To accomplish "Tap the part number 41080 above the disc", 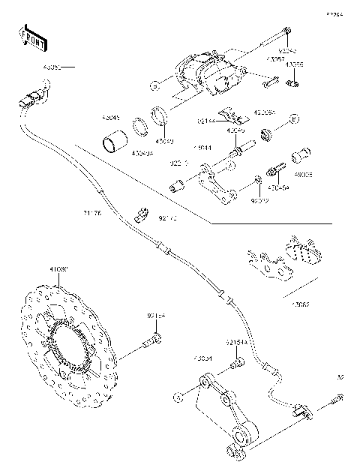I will [x=58, y=269].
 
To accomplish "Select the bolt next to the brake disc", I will [x=149, y=343].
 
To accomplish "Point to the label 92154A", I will [x=236, y=342].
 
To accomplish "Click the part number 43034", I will [x=202, y=358].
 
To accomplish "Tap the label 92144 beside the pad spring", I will [x=208, y=119].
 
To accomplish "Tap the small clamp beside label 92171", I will [x=139, y=213].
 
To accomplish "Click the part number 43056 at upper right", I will [x=294, y=65].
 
